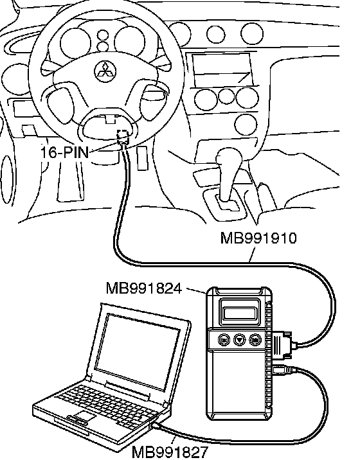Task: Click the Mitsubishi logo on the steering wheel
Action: (105, 71)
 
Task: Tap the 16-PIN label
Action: (64, 152)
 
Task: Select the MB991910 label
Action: (258, 238)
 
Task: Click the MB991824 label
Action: (144, 288)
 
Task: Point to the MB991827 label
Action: (170, 452)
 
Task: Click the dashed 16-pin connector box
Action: (123, 136)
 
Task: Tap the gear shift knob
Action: (229, 157)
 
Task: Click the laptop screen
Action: (138, 351)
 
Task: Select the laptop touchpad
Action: (85, 416)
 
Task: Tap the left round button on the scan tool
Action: (224, 340)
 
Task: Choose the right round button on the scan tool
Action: (255, 340)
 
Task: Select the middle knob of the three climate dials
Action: (226, 96)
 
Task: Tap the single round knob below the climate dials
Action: (246, 125)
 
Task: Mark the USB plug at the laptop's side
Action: (156, 425)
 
